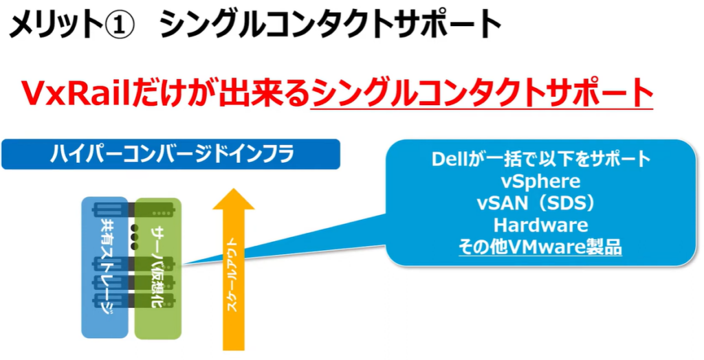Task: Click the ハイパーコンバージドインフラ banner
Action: point(171,155)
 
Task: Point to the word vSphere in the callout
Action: point(540,181)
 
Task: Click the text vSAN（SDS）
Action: point(540,203)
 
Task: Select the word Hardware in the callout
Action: point(540,225)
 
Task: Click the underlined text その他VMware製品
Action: point(540,247)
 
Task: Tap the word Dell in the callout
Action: point(451,159)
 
